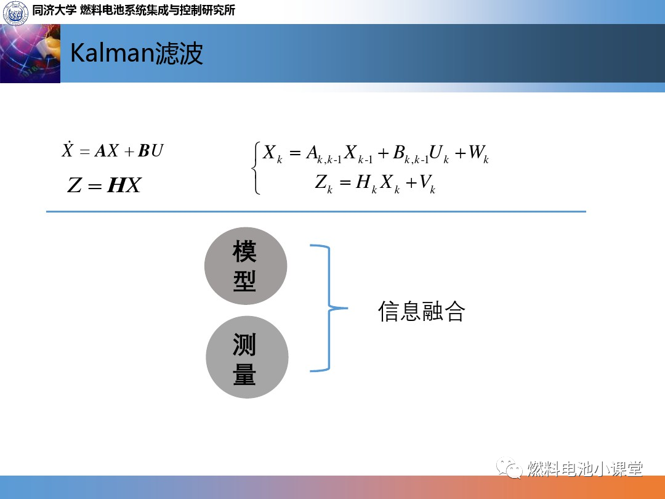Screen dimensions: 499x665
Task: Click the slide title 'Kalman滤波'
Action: pos(136,54)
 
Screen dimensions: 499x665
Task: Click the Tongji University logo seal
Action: pos(16,12)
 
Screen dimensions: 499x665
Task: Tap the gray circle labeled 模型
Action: pos(245,266)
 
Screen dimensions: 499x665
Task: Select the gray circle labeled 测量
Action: pos(246,357)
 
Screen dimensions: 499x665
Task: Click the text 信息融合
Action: pos(421,312)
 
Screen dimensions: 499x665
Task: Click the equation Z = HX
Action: pos(104,185)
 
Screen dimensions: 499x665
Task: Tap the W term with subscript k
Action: pos(478,154)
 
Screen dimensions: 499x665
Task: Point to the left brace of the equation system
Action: pos(256,168)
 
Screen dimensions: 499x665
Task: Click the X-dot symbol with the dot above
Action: pos(68,150)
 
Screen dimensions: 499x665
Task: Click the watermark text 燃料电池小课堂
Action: pos(585,469)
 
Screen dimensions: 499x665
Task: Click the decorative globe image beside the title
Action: pos(30,54)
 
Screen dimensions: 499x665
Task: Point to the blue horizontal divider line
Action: pos(316,211)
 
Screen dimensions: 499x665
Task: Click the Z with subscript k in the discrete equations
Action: pos(323,184)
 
